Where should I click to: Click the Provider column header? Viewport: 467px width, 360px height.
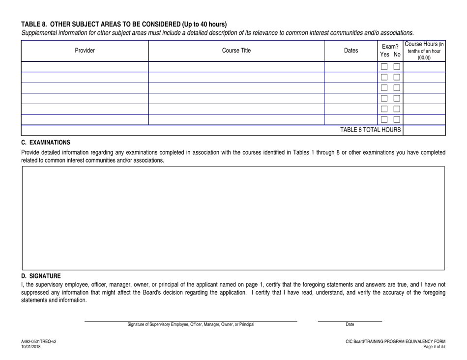tap(85, 51)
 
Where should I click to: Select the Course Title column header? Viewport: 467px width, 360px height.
tap(236, 51)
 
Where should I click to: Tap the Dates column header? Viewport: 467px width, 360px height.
tap(351, 51)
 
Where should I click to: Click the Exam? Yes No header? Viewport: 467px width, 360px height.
tap(390, 51)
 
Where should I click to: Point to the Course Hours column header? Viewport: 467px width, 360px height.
tap(424, 51)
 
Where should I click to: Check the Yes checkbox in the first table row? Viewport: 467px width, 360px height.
tap(384, 67)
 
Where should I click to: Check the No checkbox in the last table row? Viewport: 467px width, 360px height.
tap(396, 120)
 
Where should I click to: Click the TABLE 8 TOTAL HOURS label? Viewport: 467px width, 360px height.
tap(371, 130)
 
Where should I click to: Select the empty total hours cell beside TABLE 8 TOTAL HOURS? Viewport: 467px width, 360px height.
tap(424, 130)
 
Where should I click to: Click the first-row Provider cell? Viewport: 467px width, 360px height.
tap(85, 67)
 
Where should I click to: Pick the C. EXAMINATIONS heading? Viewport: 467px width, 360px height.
tap(46, 142)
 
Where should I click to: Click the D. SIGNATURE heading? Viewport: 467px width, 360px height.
tap(41, 276)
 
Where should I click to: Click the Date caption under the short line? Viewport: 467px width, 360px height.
tap(350, 325)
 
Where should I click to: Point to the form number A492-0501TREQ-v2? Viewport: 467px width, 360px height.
tap(39, 341)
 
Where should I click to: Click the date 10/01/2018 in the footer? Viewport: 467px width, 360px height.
tap(31, 347)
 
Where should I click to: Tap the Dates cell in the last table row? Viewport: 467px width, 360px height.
tap(351, 120)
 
